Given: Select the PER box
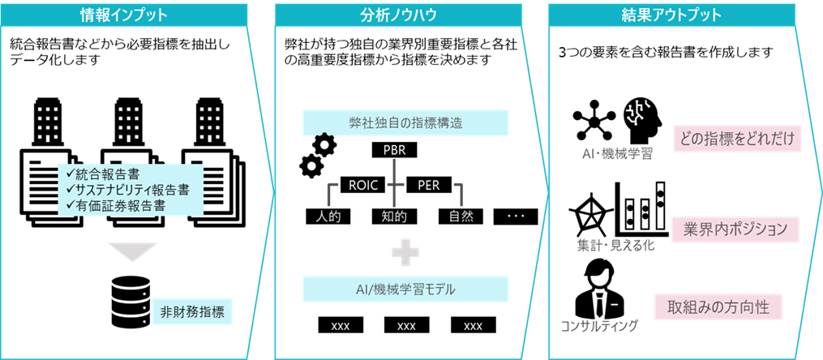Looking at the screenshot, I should [428, 184].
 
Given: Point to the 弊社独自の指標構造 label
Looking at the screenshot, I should [406, 123].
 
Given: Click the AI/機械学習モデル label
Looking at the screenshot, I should [406, 289].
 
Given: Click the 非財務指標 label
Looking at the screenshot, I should [191, 311].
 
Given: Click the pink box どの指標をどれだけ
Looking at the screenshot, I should [736, 138].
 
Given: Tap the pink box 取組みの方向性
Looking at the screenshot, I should [719, 307].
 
